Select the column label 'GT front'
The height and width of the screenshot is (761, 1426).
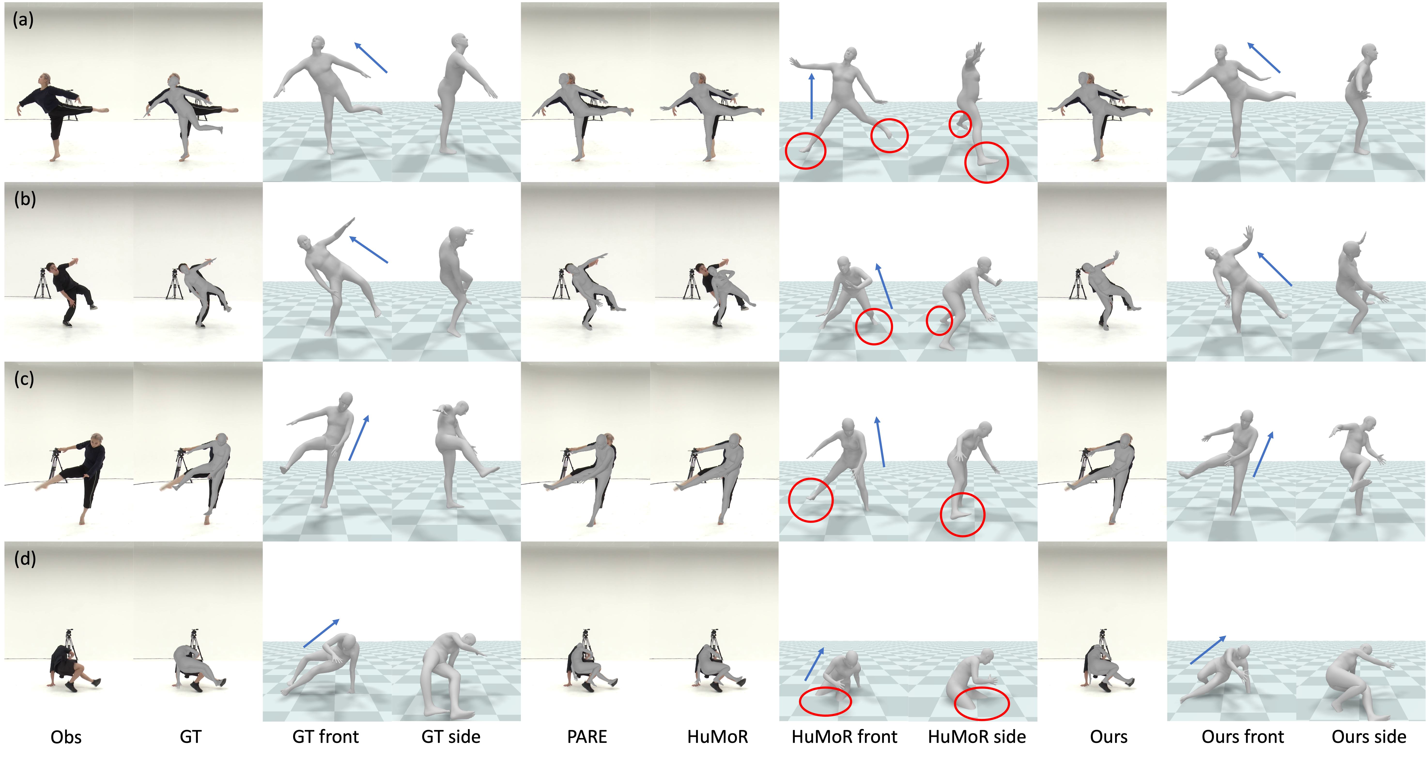pyautogui.click(x=325, y=737)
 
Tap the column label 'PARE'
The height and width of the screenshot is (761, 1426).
pyautogui.click(x=587, y=737)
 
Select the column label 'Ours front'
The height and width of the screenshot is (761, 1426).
pyautogui.click(x=1243, y=737)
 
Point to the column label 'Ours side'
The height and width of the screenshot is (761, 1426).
pyautogui.click(x=1369, y=737)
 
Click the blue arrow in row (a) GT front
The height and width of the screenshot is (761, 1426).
pyautogui.click(x=371, y=58)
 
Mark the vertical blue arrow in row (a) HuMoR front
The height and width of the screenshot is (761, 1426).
pyautogui.click(x=811, y=96)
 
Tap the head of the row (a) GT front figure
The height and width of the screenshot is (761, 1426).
pyautogui.click(x=318, y=43)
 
